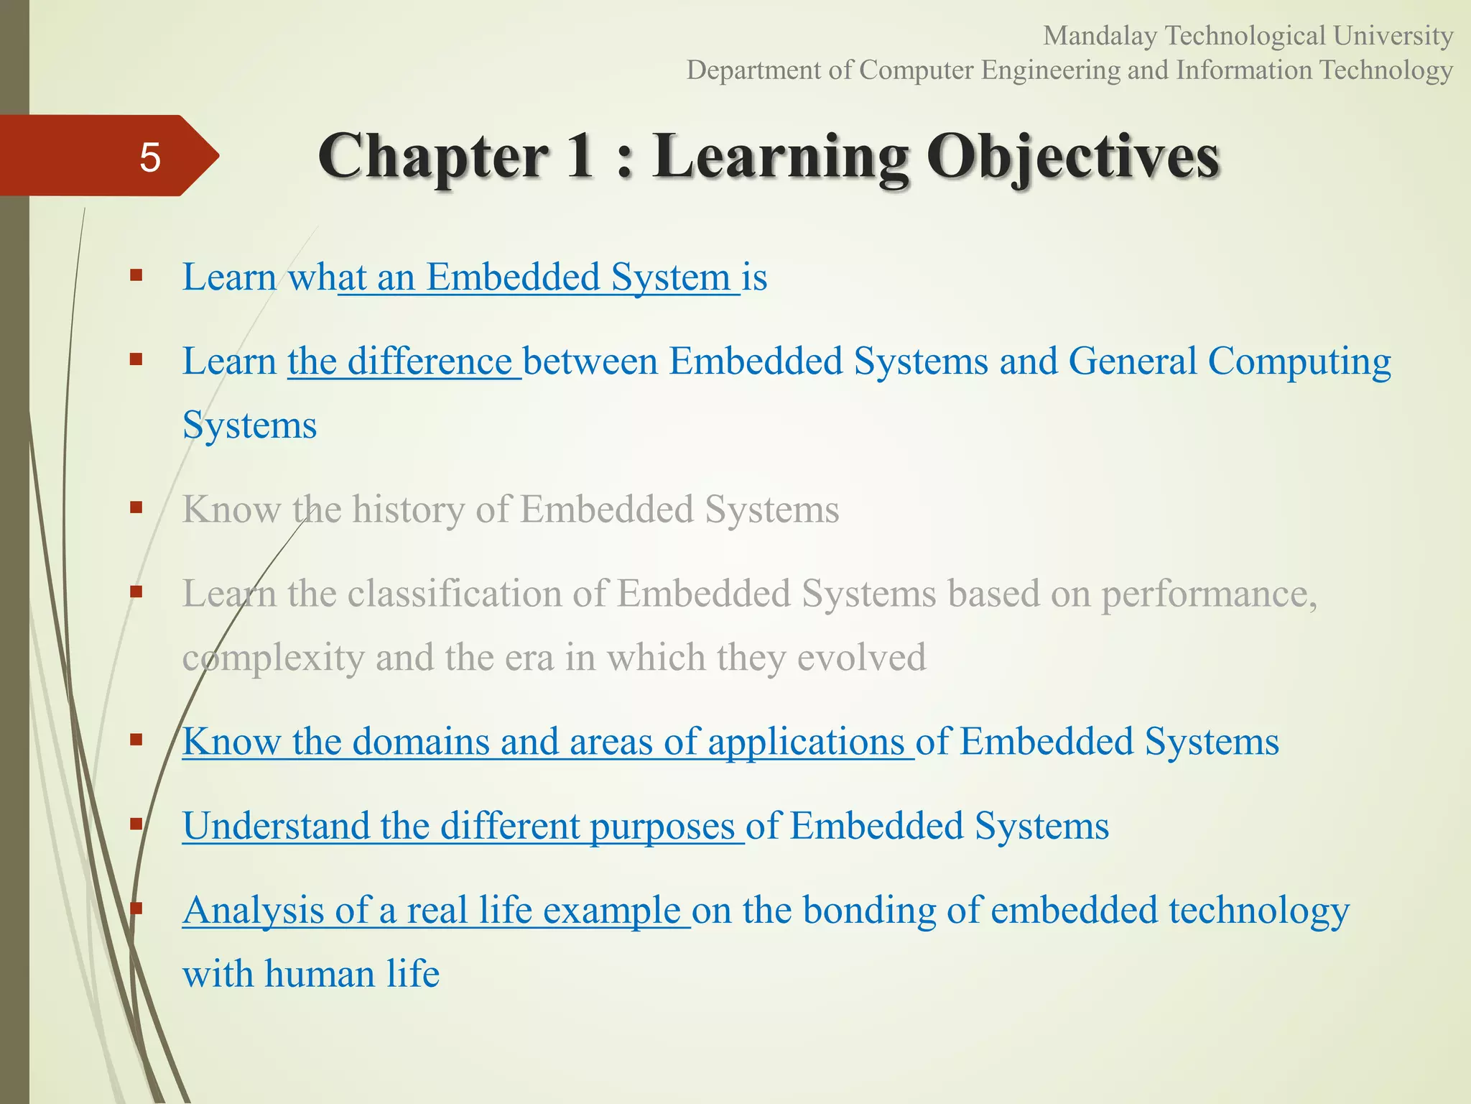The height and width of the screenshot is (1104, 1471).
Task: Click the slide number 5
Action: (x=149, y=157)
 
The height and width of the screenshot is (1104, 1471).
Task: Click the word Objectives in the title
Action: (x=1073, y=157)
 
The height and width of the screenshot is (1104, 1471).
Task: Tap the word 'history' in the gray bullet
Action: (x=408, y=510)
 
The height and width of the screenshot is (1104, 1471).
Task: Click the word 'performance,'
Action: (x=1209, y=594)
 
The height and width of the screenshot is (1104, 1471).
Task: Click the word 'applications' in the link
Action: (x=806, y=742)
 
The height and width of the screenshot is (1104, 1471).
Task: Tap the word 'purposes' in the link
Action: (x=662, y=826)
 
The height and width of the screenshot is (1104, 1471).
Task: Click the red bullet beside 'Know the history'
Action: (x=136, y=508)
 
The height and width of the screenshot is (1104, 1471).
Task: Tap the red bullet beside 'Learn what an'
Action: (x=136, y=275)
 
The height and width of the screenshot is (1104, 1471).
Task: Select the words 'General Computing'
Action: (x=1229, y=361)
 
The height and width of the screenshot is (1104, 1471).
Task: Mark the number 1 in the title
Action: (x=580, y=157)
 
